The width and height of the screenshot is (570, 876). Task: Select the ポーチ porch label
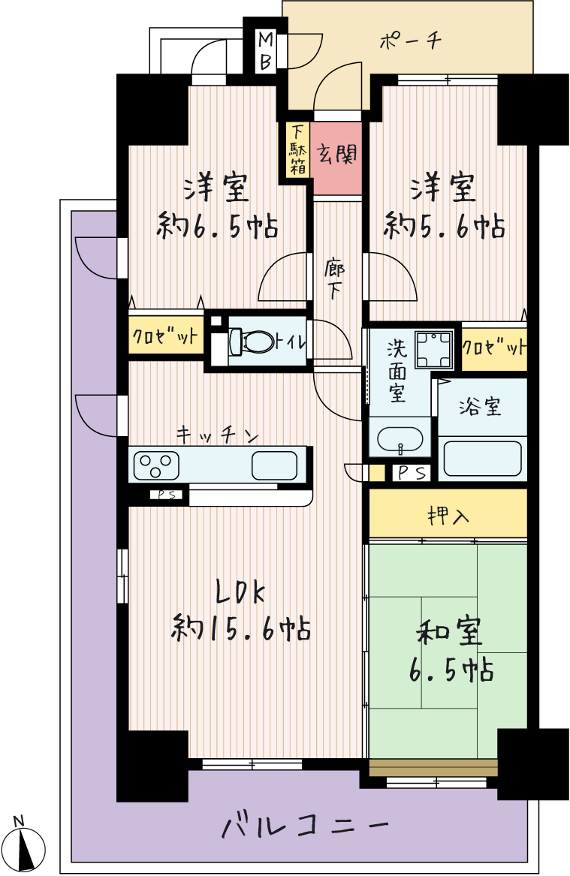pyautogui.click(x=412, y=41)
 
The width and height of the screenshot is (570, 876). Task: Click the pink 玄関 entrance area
pyautogui.click(x=336, y=158)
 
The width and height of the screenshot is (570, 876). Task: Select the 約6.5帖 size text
pyautogui.click(x=217, y=227)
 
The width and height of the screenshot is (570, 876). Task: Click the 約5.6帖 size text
pyautogui.click(x=445, y=227)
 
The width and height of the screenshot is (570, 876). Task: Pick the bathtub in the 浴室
pyautogui.click(x=482, y=458)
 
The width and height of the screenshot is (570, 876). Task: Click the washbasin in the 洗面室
pyautogui.click(x=400, y=439)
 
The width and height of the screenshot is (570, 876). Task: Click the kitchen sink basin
pyautogui.click(x=274, y=465)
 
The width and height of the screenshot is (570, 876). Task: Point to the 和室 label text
pyautogui.click(x=449, y=631)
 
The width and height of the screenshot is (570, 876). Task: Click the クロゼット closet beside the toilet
pyautogui.click(x=165, y=336)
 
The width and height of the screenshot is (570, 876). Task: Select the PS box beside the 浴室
pyautogui.click(x=412, y=473)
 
